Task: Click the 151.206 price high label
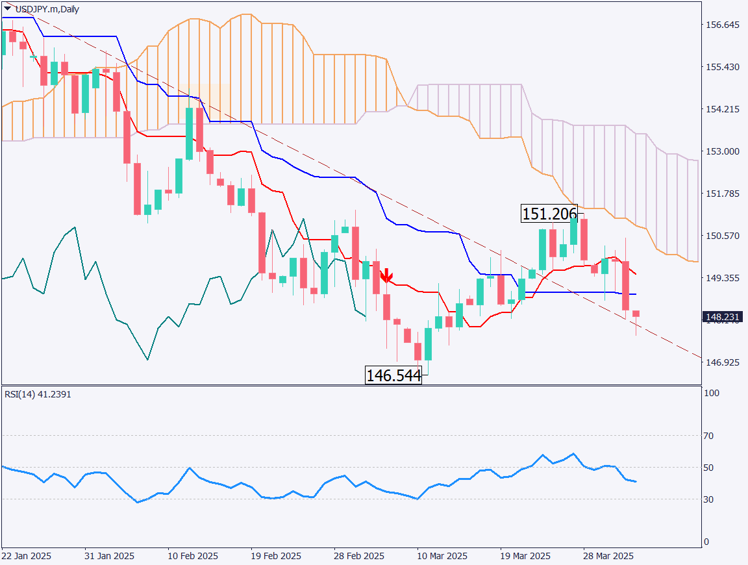[x=549, y=214]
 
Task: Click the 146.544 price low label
[x=393, y=375]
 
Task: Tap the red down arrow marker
[x=386, y=276]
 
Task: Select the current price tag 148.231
[x=721, y=317]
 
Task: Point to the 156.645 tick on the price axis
[x=722, y=25]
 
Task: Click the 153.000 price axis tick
[x=722, y=151]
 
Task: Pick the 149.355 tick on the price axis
[x=722, y=277]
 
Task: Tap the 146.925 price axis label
[x=722, y=362]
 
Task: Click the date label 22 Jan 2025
[x=27, y=557]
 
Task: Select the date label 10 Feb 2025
[x=193, y=557]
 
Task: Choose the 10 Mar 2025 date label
[x=442, y=557]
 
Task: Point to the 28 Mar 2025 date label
[x=608, y=557]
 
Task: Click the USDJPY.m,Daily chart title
[x=47, y=9]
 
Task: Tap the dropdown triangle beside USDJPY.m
[x=7, y=9]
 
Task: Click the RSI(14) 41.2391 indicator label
[x=38, y=394]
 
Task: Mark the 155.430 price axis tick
[x=722, y=67]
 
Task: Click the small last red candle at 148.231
[x=636, y=314]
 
